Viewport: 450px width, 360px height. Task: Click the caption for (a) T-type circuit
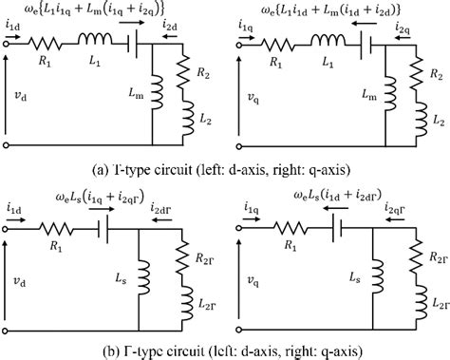click(225, 171)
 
